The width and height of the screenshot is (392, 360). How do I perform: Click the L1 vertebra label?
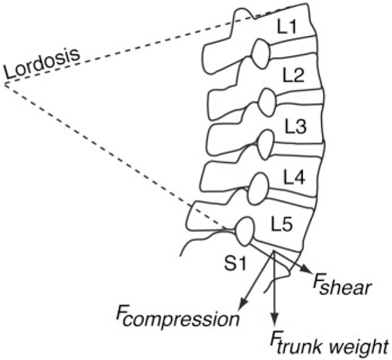[286, 26]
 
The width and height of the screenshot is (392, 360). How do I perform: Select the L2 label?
[293, 75]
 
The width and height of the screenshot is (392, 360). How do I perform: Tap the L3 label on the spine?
[296, 126]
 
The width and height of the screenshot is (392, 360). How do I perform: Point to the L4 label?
[294, 177]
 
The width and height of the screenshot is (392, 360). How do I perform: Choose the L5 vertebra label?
[282, 224]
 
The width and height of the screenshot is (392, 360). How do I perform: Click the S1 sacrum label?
[235, 264]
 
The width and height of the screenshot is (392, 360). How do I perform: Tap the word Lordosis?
[41, 64]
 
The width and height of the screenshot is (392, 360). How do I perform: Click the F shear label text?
[341, 285]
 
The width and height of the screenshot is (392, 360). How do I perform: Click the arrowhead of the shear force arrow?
[307, 270]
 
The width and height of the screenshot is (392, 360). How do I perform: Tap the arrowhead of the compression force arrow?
[243, 304]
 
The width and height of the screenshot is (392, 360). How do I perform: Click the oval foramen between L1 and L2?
[261, 53]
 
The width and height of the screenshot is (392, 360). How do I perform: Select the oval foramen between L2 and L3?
[268, 102]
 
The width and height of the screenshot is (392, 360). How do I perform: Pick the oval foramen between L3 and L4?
[265, 145]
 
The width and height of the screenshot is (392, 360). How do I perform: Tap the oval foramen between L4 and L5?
[258, 188]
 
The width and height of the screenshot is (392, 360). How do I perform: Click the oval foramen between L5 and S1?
[245, 231]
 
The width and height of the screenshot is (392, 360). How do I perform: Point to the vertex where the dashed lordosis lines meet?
[5, 84]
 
